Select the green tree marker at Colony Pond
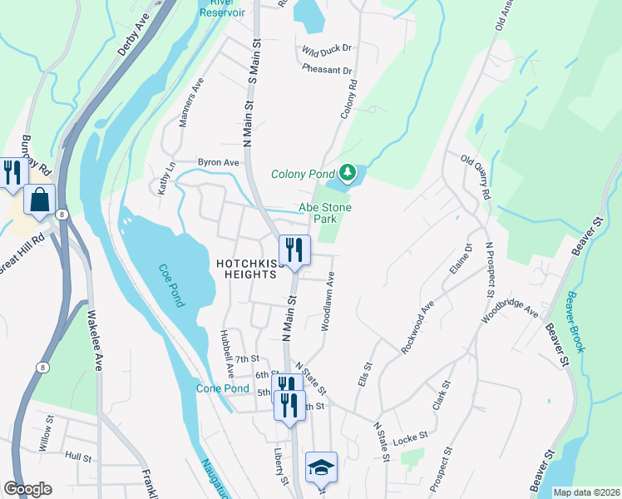(348, 174)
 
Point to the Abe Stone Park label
(325, 214)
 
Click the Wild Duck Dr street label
(328, 51)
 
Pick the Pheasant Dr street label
(328, 70)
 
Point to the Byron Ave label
(218, 162)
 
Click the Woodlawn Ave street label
(327, 300)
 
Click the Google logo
(27, 489)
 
